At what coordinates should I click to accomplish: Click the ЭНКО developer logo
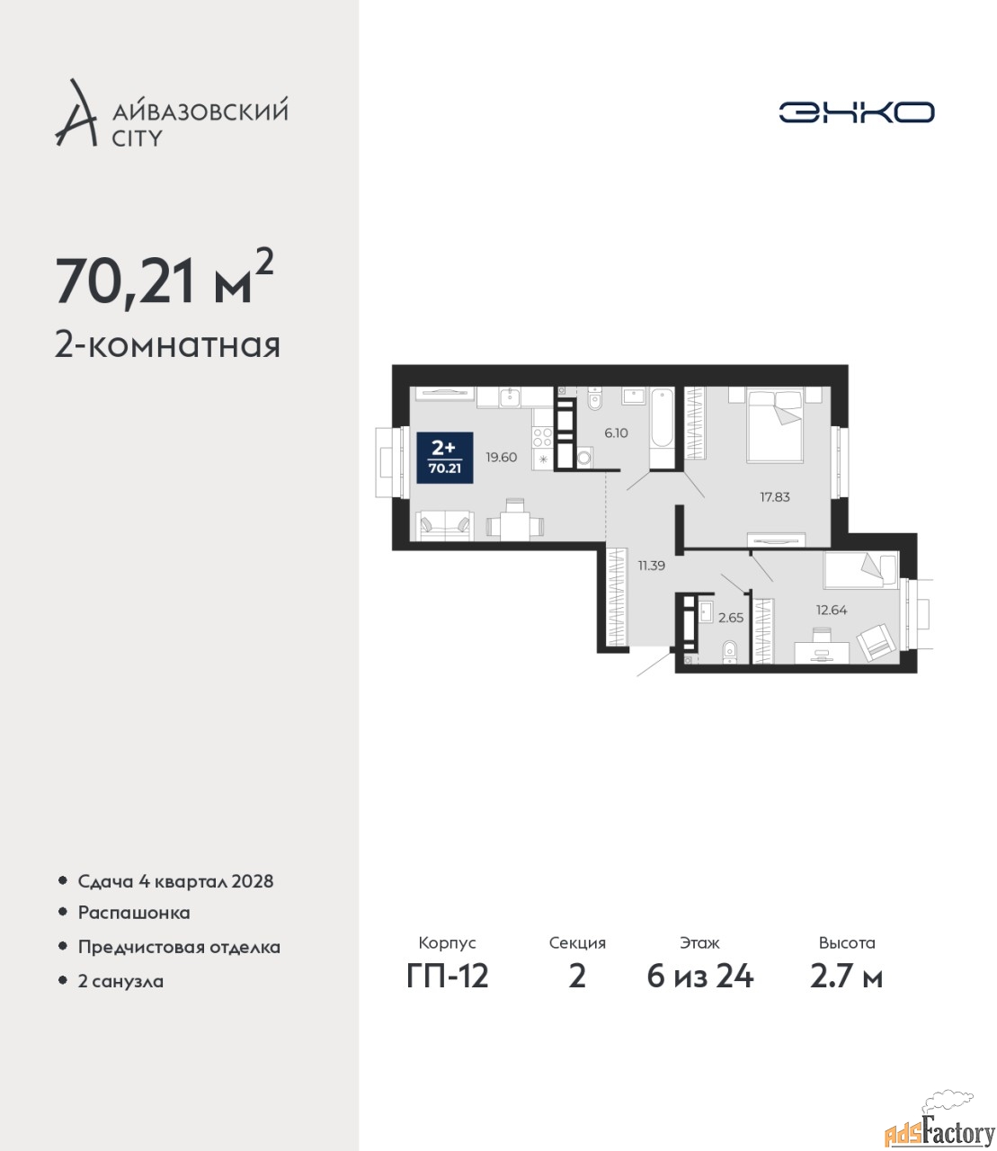[x=856, y=112]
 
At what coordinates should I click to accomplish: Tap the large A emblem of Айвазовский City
[x=76, y=113]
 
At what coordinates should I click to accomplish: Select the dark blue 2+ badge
[x=445, y=457]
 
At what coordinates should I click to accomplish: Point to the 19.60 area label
[x=501, y=457]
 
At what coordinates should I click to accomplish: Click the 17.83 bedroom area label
[x=775, y=496]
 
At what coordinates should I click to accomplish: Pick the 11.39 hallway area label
[x=651, y=566]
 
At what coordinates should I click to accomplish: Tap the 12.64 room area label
[x=832, y=610]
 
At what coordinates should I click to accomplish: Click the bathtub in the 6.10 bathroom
[x=662, y=428]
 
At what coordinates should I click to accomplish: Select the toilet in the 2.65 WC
[x=729, y=652]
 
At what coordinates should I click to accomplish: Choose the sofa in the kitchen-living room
[x=445, y=526]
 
